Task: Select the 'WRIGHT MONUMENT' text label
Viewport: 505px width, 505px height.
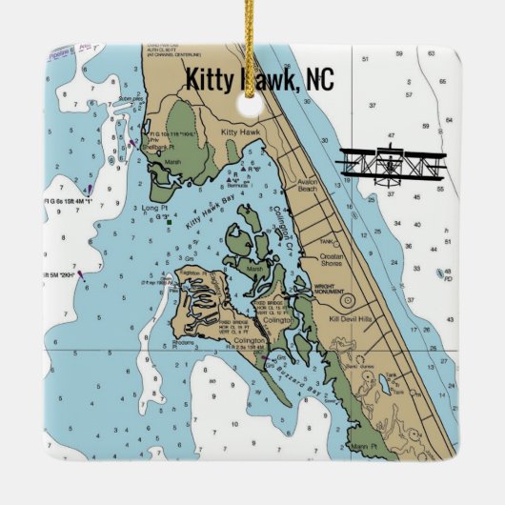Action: [x=329, y=290]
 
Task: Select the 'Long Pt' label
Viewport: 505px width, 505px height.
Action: [x=155, y=206]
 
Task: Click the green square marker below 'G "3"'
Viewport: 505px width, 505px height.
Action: [x=168, y=224]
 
